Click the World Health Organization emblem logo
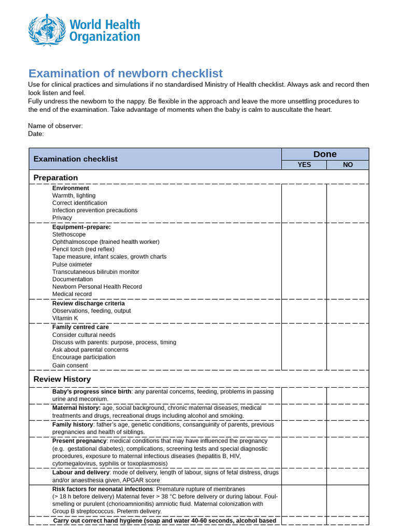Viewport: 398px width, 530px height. [47, 30]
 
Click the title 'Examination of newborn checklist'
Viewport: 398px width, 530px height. [125, 73]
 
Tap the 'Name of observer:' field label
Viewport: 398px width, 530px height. [55, 126]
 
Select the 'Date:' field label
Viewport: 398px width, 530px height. [36, 134]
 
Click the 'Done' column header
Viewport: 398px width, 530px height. [325, 154]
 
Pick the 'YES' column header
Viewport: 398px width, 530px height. [304, 165]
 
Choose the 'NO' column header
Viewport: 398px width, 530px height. [348, 165]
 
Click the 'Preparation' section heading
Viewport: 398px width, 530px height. [55, 178]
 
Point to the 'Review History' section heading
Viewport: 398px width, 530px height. [62, 379]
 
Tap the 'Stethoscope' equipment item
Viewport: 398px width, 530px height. [69, 234]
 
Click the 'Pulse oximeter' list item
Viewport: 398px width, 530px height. [72, 264]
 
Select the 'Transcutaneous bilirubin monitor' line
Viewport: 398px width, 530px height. [95, 272]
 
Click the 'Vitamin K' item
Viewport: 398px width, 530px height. [65, 318]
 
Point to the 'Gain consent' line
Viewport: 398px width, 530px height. [70, 365]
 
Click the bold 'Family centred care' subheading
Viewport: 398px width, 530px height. [80, 327]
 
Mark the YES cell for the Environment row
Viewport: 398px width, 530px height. [304, 203]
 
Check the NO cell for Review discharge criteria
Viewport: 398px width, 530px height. [348, 311]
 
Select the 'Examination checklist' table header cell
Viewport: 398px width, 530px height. [76, 159]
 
